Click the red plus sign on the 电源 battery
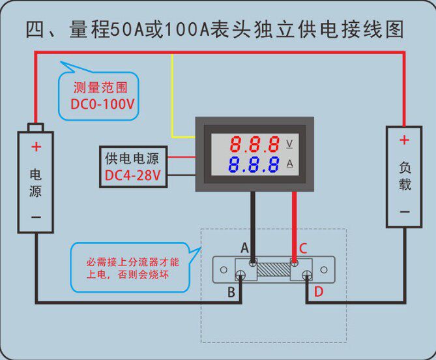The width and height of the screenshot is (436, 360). (36, 147)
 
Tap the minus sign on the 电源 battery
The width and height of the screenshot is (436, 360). (36, 217)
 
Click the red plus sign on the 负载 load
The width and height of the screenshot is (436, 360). (404, 140)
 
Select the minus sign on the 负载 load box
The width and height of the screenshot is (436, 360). (405, 212)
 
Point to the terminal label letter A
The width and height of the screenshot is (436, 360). (244, 248)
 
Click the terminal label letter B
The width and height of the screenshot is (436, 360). (231, 292)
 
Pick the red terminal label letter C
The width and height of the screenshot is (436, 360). (303, 248)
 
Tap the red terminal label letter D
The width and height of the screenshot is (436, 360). (319, 292)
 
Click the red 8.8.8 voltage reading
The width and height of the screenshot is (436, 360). (254, 144)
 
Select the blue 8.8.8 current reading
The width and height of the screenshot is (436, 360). (254, 164)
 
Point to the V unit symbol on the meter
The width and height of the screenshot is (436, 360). (289, 144)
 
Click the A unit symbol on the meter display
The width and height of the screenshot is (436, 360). (290, 164)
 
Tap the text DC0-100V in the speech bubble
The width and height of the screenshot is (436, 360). (102, 104)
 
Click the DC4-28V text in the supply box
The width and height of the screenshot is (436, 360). (133, 175)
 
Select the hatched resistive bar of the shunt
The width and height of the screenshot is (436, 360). (274, 270)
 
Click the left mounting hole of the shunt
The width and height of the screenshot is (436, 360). (224, 270)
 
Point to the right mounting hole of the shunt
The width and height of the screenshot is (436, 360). (324, 270)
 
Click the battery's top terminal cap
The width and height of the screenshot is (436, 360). (36, 127)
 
